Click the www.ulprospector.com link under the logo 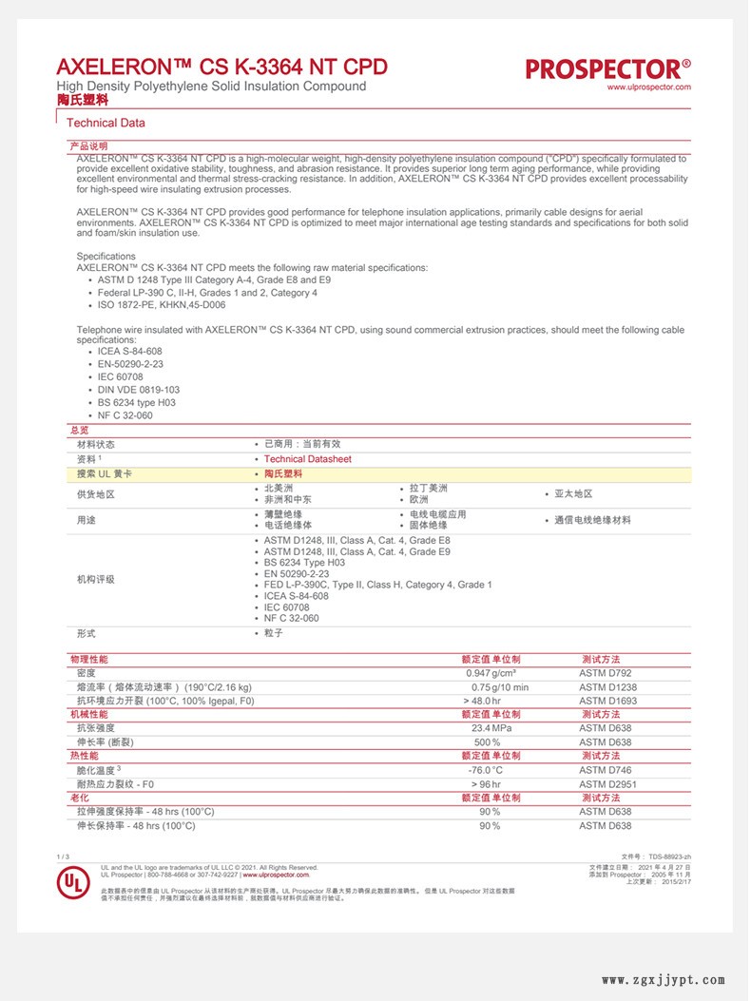[648, 87]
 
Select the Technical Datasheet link [307, 459]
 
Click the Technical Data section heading [106, 123]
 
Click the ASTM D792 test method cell [605, 673]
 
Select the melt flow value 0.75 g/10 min [500, 687]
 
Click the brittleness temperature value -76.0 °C [485, 770]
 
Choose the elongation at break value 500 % [487, 741]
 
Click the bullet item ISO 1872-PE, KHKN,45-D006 [161, 305]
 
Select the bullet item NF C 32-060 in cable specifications [125, 415]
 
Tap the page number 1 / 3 [64, 857]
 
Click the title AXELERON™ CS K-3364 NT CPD [221, 67]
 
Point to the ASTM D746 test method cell [605, 770]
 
